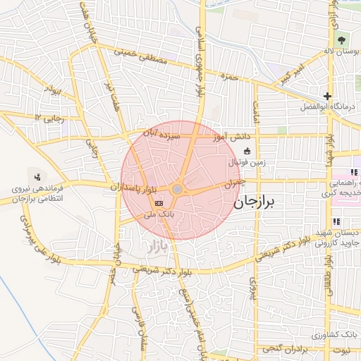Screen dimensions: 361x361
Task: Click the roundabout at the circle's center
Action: pos(178,190)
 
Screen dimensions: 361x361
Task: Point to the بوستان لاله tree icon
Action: pos(342,39)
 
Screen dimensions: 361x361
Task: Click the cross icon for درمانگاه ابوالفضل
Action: pos(327,96)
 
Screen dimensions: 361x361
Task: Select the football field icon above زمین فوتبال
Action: pos(246,151)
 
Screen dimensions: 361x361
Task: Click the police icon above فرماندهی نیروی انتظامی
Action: pos(37,175)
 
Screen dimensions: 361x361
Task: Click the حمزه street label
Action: pos(226,75)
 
